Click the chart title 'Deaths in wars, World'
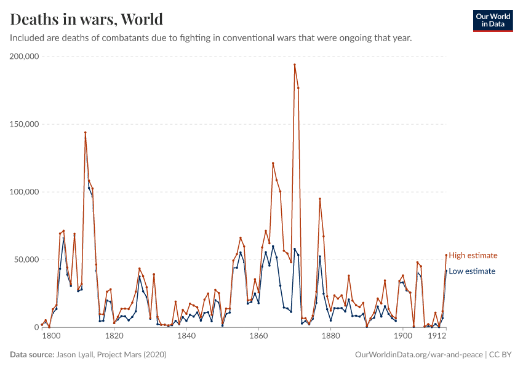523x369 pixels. [x=87, y=19]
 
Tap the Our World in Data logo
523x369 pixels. [x=492, y=20]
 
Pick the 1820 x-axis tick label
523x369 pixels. [x=114, y=336]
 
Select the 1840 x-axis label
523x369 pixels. [x=186, y=336]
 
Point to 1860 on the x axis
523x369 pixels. [x=258, y=336]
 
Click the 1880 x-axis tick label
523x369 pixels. [x=331, y=336]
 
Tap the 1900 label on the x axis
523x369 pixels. [x=403, y=336]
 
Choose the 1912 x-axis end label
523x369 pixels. [x=437, y=336]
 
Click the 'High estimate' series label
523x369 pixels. [x=473, y=255]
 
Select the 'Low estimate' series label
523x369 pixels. [x=472, y=271]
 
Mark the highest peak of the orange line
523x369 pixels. [x=295, y=65]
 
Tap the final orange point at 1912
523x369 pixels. [x=446, y=255]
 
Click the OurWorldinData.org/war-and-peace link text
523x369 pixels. [x=419, y=355]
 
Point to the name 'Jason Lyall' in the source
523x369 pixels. [x=76, y=355]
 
